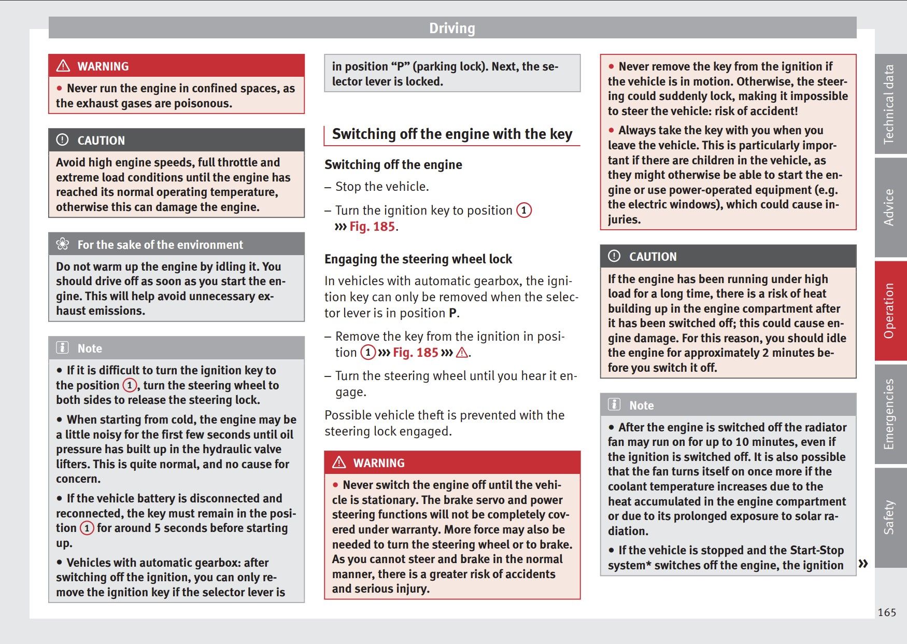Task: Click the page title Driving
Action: [452, 28]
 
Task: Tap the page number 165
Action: [886, 612]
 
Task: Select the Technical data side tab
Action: [889, 104]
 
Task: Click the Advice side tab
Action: [889, 207]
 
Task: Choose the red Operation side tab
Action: [889, 311]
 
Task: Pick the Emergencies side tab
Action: [889, 414]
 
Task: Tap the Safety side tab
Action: [889, 517]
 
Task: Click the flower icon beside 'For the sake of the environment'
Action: [63, 244]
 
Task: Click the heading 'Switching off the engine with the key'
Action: [452, 134]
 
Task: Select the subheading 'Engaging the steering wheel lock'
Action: [418, 259]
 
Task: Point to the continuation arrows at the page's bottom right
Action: [863, 563]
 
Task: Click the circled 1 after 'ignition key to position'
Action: [524, 210]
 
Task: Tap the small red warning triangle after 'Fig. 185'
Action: [461, 353]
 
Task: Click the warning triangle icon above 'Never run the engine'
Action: [63, 66]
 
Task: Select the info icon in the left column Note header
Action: [62, 348]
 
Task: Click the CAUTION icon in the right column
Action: [614, 256]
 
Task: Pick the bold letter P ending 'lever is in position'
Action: [452, 313]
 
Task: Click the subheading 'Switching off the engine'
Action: [393, 165]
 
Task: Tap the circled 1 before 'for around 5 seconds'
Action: [87, 528]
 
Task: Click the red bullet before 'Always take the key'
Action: [612, 130]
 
